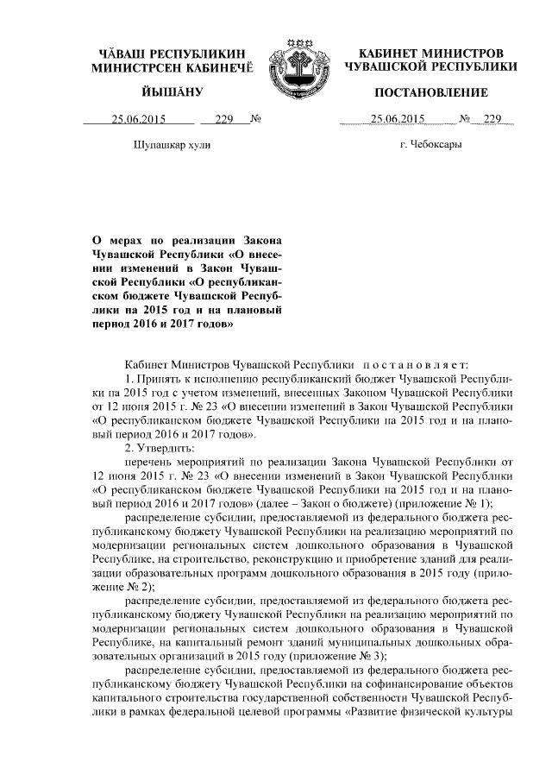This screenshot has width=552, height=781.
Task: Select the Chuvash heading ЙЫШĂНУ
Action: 172,92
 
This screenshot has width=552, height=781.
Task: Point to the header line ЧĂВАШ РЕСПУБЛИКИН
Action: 173,54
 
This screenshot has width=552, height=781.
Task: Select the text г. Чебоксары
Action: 430,145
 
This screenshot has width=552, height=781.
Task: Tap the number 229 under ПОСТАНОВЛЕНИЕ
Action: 492,120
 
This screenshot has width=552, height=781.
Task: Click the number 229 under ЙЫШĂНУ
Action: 225,120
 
